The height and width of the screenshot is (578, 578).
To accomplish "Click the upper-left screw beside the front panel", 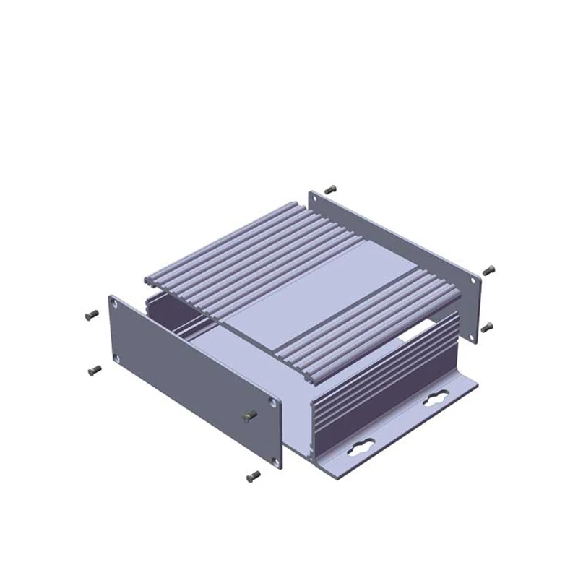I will [90, 314].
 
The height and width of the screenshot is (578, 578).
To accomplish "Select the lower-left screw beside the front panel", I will [94, 369].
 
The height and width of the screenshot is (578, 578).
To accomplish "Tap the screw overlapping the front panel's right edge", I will [250, 415].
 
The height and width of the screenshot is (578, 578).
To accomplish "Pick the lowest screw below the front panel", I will [253, 475].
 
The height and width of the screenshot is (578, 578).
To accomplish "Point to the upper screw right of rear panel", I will [489, 269].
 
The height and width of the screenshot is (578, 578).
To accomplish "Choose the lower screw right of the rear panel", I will [487, 327].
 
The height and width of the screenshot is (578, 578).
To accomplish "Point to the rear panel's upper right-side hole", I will [474, 280].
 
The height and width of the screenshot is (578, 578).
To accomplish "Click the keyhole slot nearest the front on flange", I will [359, 452].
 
